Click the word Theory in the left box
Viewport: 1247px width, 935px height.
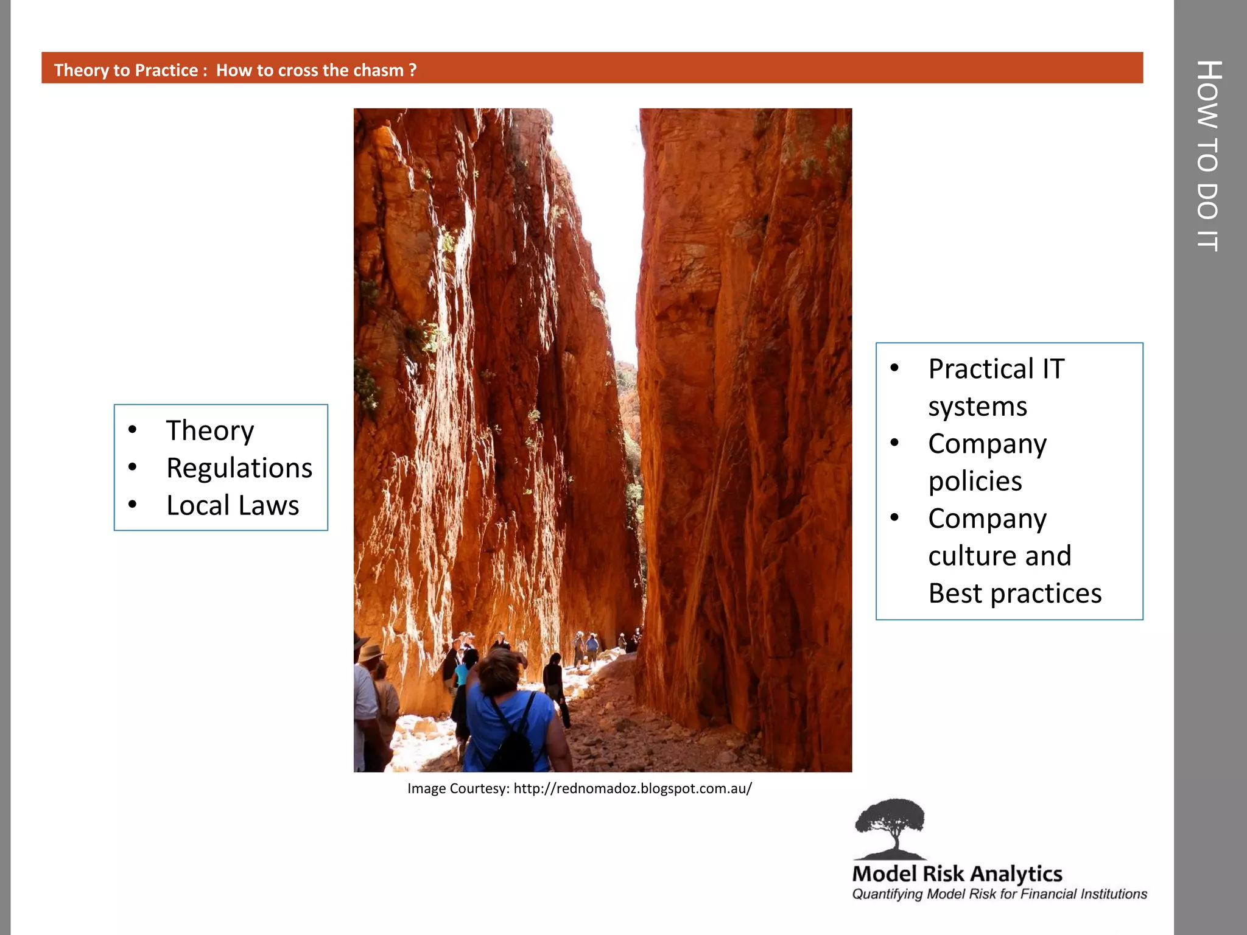pyautogui.click(x=210, y=431)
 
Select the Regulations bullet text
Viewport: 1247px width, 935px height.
pyautogui.click(x=239, y=468)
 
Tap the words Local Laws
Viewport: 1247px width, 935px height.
pyautogui.click(x=233, y=505)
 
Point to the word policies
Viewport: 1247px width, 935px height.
pyautogui.click(x=975, y=482)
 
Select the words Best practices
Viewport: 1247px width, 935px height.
pyautogui.click(x=1014, y=594)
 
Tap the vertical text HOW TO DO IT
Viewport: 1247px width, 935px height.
pyautogui.click(x=1209, y=156)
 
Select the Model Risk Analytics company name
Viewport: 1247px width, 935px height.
pyautogui.click(x=957, y=874)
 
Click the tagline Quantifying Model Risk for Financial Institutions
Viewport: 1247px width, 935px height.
pyautogui.click(x=999, y=894)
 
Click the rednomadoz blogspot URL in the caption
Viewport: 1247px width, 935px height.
pyautogui.click(x=633, y=789)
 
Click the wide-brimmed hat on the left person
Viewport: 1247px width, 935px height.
pyautogui.click(x=370, y=653)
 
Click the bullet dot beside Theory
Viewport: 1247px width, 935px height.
pyautogui.click(x=133, y=430)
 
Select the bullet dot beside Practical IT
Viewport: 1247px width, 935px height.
pyautogui.click(x=894, y=368)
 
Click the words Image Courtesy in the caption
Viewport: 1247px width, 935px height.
pyautogui.click(x=457, y=789)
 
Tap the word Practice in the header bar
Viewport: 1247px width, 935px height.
pyautogui.click(x=166, y=70)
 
